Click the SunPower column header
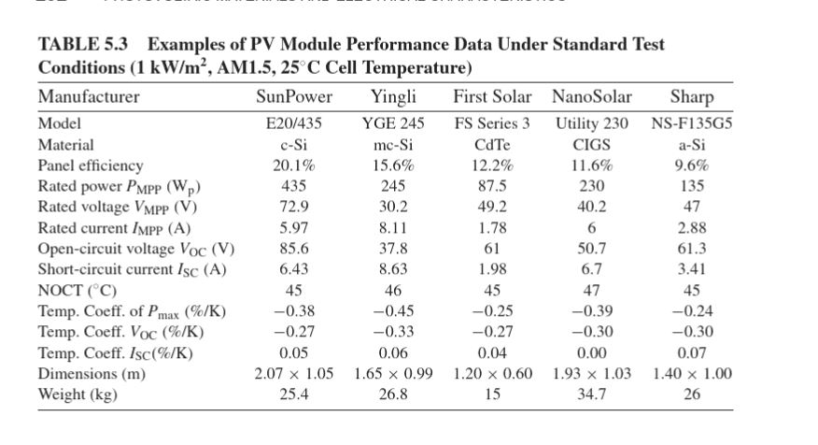click(294, 97)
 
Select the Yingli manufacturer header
click(393, 97)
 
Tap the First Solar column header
click(492, 97)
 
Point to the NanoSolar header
click(592, 97)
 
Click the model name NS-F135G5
click(691, 123)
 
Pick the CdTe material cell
click(492, 145)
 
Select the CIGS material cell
click(592, 145)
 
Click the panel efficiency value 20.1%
click(294, 165)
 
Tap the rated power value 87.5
click(492, 186)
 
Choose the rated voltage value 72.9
click(294, 207)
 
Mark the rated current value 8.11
click(393, 227)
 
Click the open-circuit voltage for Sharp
click(691, 249)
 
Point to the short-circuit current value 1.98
click(492, 269)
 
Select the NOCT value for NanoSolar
click(592, 290)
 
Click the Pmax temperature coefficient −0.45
click(393, 311)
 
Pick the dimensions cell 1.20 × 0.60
click(492, 374)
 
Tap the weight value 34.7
click(592, 395)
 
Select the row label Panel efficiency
click(91, 165)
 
